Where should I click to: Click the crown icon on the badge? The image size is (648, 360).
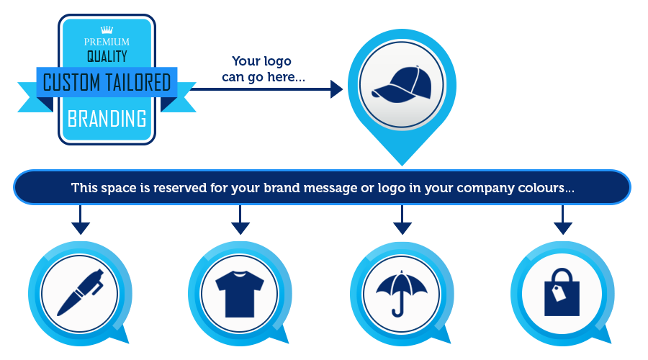coord(107,30)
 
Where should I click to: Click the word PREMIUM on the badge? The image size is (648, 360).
coord(107,42)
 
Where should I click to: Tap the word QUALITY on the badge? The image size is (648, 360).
coord(107,56)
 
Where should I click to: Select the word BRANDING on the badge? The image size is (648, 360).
coord(107,119)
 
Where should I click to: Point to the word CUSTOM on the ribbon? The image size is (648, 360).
coord(71,82)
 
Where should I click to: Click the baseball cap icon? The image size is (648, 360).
coord(402,85)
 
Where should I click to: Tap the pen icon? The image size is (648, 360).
coord(80,292)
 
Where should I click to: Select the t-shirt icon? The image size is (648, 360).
coord(240,294)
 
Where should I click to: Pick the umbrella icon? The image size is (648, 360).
coord(401,293)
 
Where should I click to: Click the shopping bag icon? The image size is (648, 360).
coord(562,292)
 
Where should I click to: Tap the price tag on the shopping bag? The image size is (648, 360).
coord(559,292)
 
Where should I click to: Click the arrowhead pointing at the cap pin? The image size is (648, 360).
coord(336,89)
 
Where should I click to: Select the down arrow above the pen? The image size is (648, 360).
coord(80,220)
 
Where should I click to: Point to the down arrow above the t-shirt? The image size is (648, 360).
coord(240,220)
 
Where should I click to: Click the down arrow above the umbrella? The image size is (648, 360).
coord(402,220)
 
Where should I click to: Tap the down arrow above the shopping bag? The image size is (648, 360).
coord(562,220)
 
